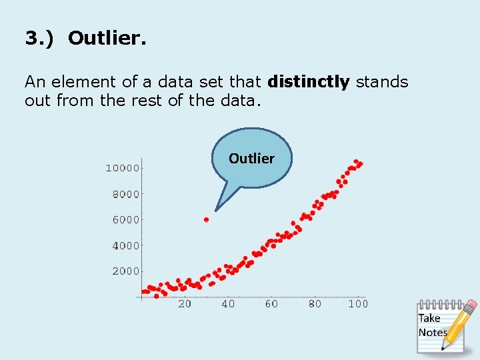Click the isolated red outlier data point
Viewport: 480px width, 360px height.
click(x=206, y=219)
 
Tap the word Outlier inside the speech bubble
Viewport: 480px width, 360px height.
click(x=251, y=159)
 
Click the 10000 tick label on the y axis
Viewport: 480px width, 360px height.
click(x=123, y=168)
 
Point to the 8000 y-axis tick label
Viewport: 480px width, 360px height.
click(x=125, y=194)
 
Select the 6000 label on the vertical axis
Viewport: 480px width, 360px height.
click(x=125, y=219)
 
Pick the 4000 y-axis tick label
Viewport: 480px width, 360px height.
click(x=125, y=245)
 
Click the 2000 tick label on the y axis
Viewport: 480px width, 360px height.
click(x=125, y=271)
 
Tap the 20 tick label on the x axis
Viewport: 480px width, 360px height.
click(x=184, y=304)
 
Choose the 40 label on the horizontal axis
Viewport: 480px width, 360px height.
click(x=228, y=304)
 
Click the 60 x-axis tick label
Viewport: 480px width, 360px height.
click(x=271, y=304)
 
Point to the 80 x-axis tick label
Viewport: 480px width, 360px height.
click(x=315, y=304)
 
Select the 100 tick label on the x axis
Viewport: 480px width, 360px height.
click(x=358, y=304)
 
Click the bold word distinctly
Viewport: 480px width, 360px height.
click(x=308, y=82)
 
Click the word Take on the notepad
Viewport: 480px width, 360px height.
click(x=429, y=319)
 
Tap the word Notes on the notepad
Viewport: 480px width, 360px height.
click(x=432, y=332)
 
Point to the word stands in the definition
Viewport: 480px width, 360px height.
click(x=381, y=82)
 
